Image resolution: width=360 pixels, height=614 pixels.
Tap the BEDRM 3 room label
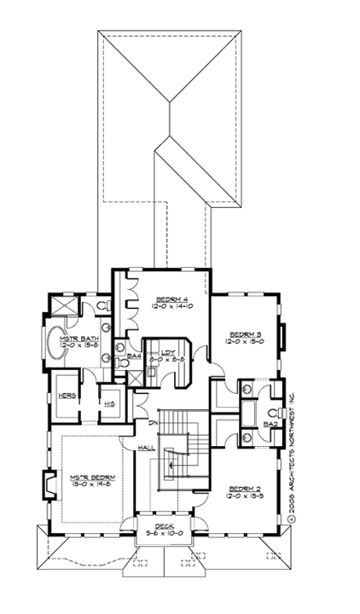coord(245,334)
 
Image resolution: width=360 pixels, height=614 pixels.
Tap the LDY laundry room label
coord(167,352)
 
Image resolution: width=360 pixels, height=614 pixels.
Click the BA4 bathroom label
coord(134,355)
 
